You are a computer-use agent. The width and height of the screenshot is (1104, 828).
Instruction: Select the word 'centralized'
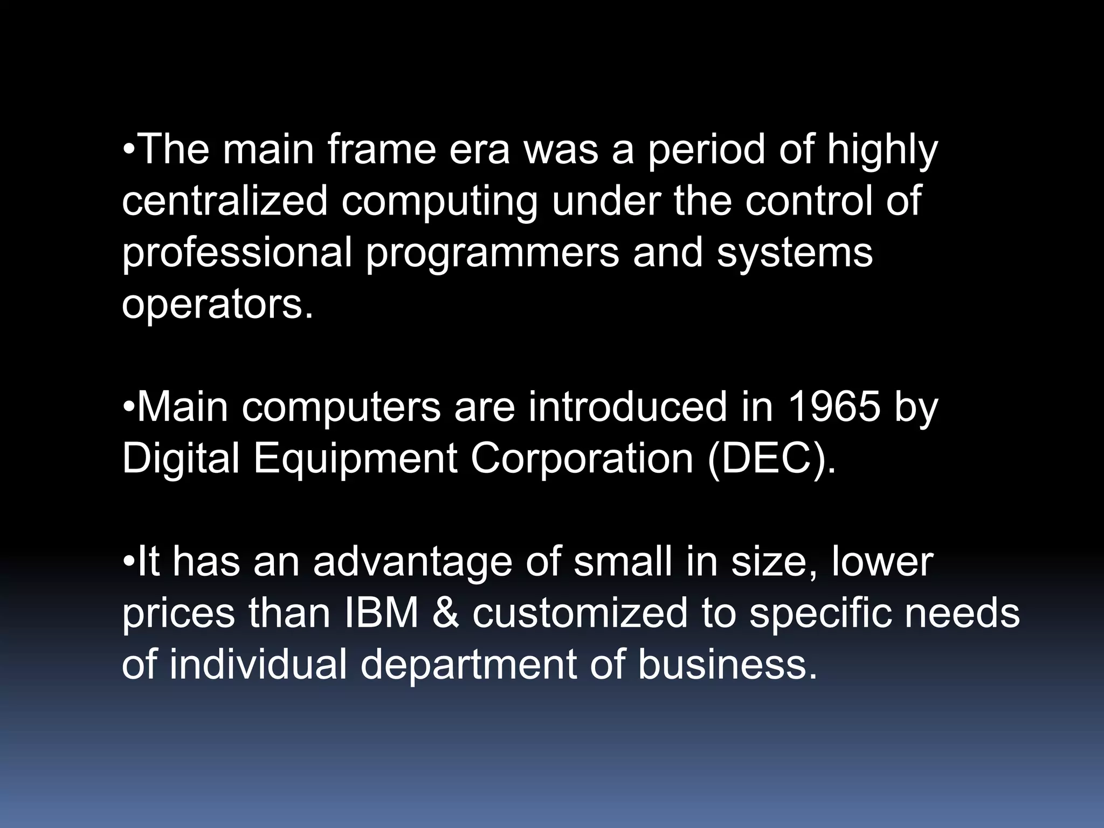pos(225,201)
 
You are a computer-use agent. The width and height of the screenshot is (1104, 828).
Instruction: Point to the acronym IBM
pos(381,613)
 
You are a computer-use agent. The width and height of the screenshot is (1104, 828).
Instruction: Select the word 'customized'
pos(580,613)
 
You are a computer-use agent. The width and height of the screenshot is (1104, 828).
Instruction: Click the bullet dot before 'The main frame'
pos(129,149)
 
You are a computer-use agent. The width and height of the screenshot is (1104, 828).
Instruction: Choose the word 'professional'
pos(236,253)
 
